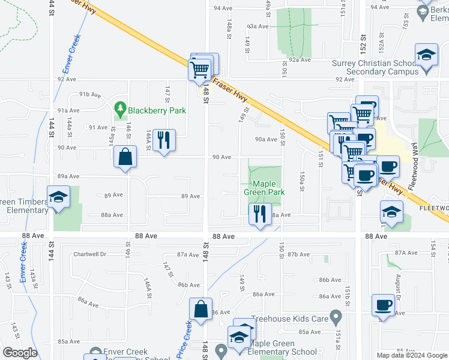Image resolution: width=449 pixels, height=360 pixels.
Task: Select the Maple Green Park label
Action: click(x=264, y=188)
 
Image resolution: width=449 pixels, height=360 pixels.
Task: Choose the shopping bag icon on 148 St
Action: click(x=201, y=310)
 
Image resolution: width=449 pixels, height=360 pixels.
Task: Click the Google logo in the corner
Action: click(x=20, y=353)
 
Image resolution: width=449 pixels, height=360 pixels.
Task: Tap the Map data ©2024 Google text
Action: click(x=411, y=355)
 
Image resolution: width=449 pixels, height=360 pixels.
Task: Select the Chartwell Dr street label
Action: click(x=89, y=254)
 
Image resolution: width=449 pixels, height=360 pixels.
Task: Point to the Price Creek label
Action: click(x=185, y=337)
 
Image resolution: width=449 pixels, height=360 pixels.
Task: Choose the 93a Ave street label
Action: click(x=258, y=26)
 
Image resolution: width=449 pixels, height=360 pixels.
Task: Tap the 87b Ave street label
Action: click(x=297, y=255)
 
